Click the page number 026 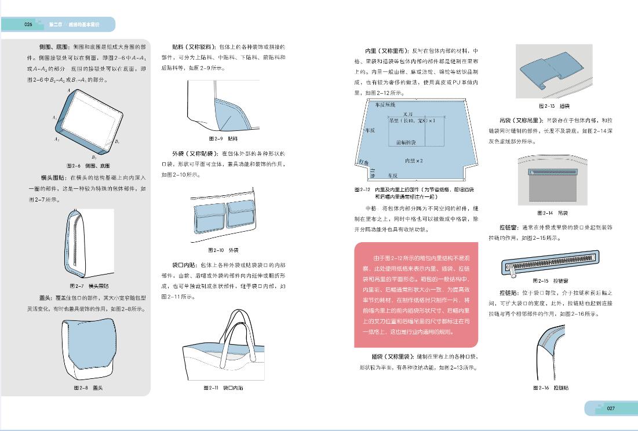(x=28, y=24)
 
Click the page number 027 (x=611, y=408)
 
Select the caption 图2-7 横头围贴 (x=89, y=286)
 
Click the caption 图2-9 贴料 (x=223, y=138)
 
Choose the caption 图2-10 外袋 (x=223, y=250)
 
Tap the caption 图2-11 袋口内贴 (x=223, y=388)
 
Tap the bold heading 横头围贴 (x=52, y=177)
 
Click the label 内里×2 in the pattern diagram (x=413, y=160)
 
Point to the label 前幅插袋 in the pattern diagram (x=406, y=142)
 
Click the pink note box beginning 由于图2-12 (x=416, y=295)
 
